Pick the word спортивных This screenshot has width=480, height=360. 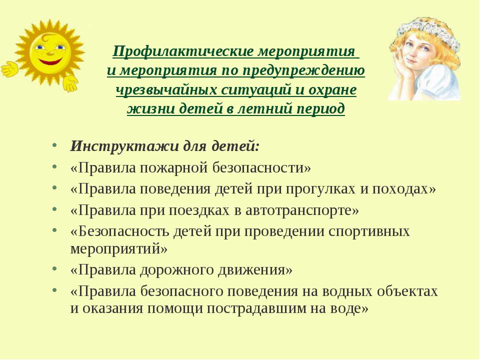point(369,231)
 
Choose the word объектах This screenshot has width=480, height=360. point(407,291)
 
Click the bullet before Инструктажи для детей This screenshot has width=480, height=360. point(54,145)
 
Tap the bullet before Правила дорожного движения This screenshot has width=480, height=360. point(54,269)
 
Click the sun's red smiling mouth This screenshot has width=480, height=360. point(50,62)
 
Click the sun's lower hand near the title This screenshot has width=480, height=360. point(70,83)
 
